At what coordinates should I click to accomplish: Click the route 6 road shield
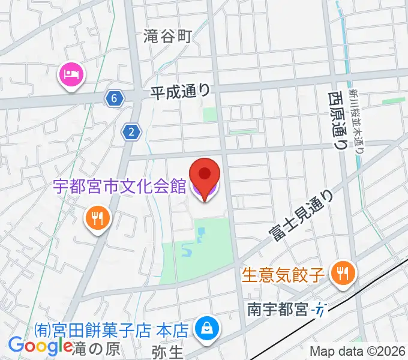click(113, 98)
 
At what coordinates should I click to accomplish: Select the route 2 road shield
click(131, 131)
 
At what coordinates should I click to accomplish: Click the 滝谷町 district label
click(167, 37)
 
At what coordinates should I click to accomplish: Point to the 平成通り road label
click(180, 91)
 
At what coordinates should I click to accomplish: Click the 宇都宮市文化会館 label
click(120, 187)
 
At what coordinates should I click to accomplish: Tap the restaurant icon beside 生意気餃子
click(343, 274)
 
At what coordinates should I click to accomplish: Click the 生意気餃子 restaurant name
click(284, 275)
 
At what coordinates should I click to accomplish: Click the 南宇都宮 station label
click(278, 310)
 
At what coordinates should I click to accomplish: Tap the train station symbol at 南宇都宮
click(321, 310)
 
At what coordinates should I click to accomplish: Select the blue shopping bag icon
click(206, 328)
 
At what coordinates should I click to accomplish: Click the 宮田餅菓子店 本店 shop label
click(112, 329)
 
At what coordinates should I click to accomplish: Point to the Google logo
click(40, 346)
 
